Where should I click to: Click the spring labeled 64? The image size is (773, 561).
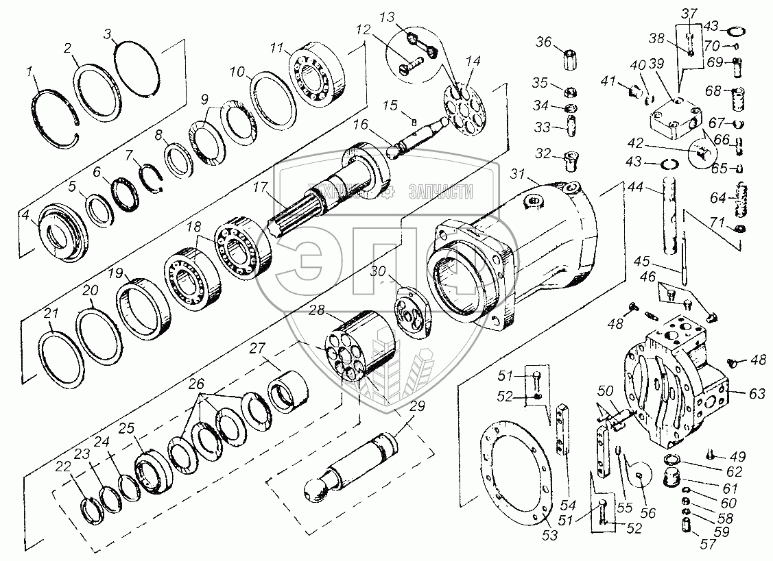[x=741, y=198]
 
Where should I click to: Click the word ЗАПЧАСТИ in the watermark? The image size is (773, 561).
[x=440, y=192]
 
